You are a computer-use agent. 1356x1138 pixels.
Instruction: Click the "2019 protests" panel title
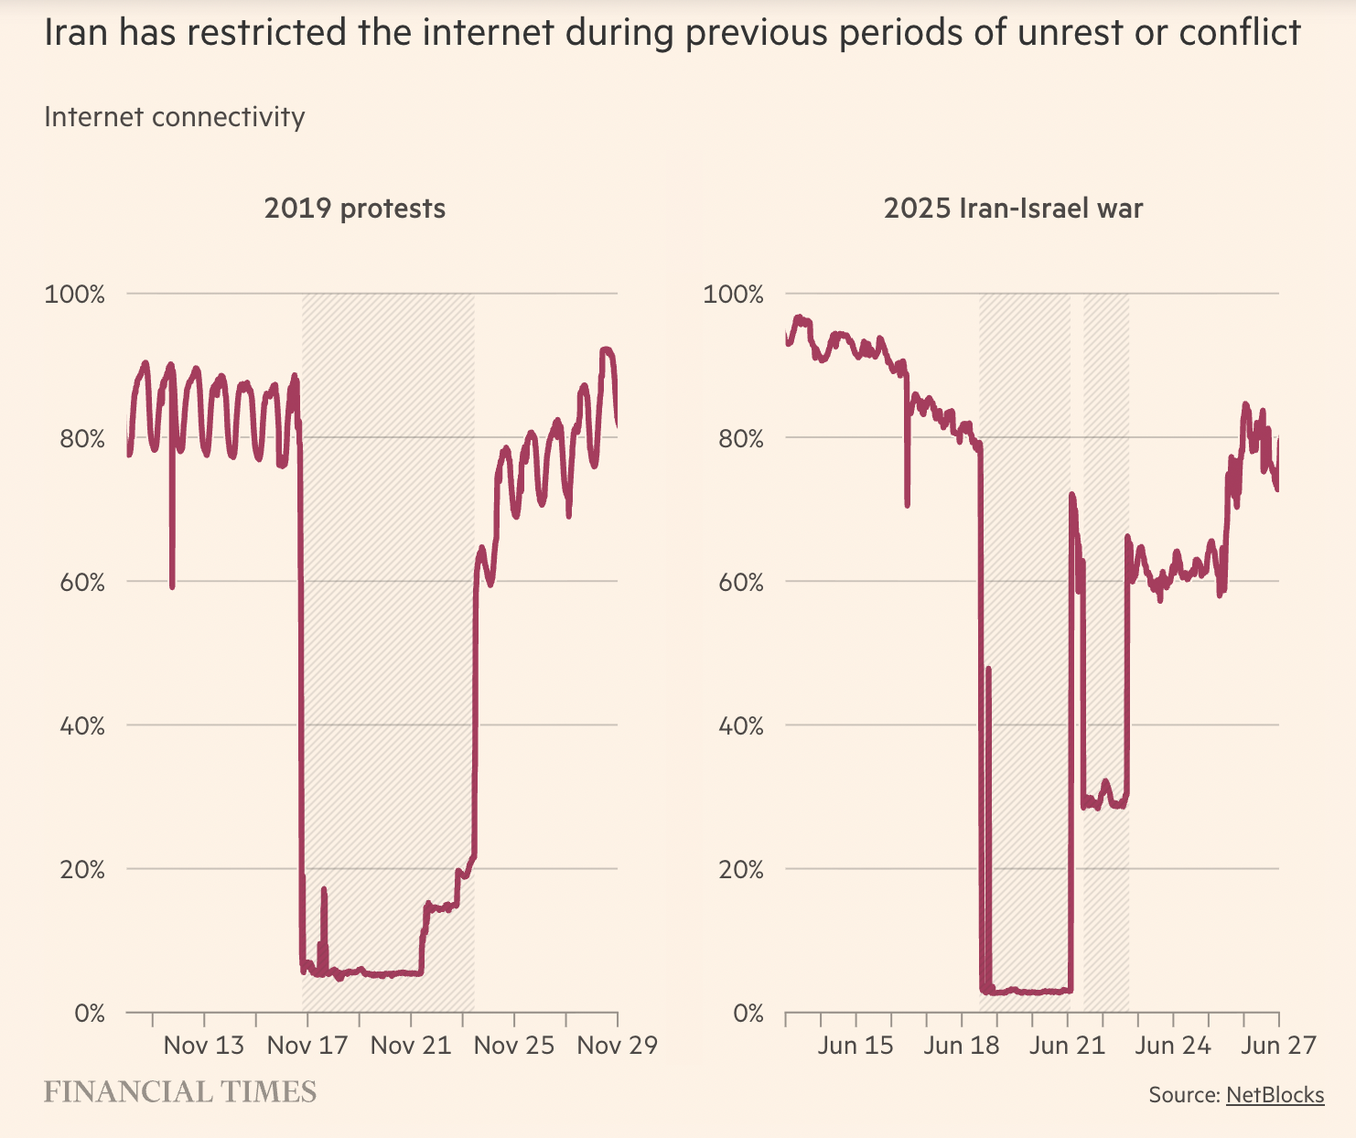tap(355, 209)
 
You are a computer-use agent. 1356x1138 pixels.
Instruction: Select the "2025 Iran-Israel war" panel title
tap(1013, 209)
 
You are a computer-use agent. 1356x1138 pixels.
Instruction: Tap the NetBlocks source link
tap(1275, 1095)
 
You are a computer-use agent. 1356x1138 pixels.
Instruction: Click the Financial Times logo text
tap(180, 1091)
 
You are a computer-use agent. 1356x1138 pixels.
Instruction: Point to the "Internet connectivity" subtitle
tap(174, 117)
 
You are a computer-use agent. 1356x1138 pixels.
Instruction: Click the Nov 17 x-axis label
tap(307, 1045)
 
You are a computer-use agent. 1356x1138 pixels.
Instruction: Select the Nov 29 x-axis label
tap(617, 1045)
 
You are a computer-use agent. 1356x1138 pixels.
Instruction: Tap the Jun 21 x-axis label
tap(1067, 1045)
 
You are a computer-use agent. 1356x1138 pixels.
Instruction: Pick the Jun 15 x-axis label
tap(856, 1045)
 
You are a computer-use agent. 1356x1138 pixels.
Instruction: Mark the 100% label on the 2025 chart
tap(733, 295)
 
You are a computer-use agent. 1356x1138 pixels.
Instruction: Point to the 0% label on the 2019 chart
tap(90, 1014)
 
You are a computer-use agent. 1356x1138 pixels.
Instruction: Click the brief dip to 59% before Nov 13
tap(172, 584)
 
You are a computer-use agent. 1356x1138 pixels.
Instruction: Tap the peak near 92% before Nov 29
tap(607, 351)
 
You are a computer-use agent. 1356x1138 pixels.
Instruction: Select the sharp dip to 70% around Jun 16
tap(907, 503)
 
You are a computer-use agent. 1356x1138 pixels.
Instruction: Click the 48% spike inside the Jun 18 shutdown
tap(988, 671)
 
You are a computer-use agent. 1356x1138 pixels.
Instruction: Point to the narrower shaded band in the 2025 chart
tap(1106, 640)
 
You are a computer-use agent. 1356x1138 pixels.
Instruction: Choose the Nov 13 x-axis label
tap(204, 1045)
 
